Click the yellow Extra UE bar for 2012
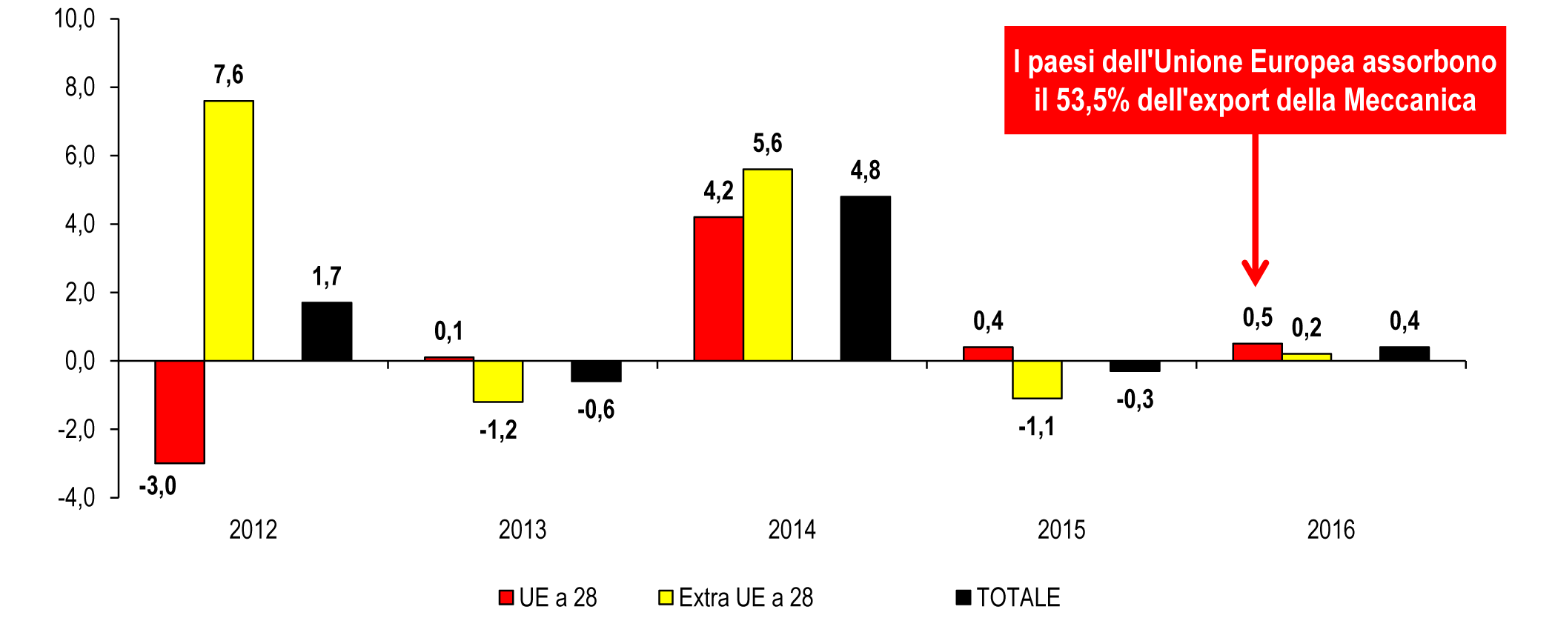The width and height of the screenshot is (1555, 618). click(x=228, y=230)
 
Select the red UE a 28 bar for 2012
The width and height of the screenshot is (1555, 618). click(x=179, y=411)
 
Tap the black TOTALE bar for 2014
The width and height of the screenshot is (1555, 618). click(x=865, y=279)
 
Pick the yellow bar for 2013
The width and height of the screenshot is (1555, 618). click(x=498, y=381)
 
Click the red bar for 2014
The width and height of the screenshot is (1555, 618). click(x=718, y=288)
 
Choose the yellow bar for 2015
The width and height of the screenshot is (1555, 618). click(x=1037, y=379)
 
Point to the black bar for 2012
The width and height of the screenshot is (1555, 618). click(x=327, y=331)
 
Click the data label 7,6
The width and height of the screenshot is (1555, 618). click(x=228, y=75)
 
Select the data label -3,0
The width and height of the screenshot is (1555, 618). click(x=157, y=486)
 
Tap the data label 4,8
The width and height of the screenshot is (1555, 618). click(x=865, y=170)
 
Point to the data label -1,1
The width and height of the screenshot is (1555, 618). click(x=1036, y=427)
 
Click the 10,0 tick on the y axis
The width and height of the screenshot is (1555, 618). click(x=75, y=19)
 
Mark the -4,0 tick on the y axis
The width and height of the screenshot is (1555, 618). click(x=76, y=497)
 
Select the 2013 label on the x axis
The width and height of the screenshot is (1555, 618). click(x=523, y=530)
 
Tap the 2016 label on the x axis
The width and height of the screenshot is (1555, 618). click(x=1330, y=530)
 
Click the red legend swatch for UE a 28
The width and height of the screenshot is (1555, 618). click(x=506, y=597)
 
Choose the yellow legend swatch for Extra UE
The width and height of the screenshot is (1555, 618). click(x=666, y=597)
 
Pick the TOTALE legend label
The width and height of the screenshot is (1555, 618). click(x=1018, y=597)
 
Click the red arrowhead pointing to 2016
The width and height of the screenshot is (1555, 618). click(x=1255, y=273)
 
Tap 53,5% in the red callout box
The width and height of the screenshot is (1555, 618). click(x=1092, y=101)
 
